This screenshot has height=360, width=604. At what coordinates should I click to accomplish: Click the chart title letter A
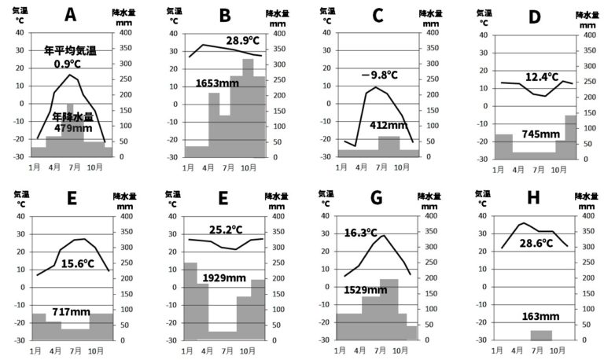(72, 15)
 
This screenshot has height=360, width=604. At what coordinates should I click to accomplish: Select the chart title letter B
(225, 15)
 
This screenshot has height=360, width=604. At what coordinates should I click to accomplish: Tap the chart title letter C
(378, 15)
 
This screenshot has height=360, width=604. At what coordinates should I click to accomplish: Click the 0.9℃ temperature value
(68, 64)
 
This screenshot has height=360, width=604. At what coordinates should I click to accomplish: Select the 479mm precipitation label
(68, 127)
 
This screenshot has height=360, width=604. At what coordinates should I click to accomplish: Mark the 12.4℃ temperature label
(541, 78)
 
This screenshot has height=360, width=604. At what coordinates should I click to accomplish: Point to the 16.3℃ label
(362, 233)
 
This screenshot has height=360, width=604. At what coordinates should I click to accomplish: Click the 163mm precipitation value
(540, 317)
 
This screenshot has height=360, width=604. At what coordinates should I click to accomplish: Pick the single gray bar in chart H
(540, 335)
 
